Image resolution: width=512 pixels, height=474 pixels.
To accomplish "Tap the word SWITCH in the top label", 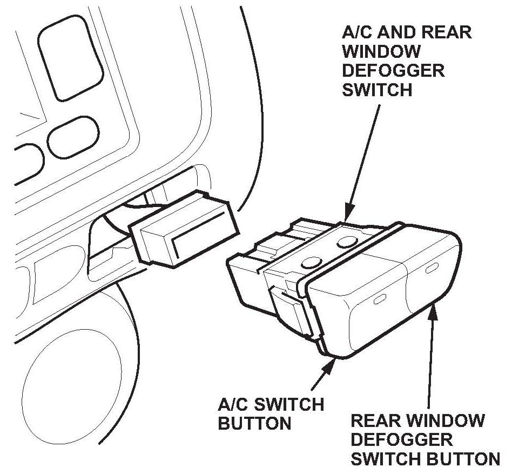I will point(377,90).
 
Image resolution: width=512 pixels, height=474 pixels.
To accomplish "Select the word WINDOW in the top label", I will point(381,52).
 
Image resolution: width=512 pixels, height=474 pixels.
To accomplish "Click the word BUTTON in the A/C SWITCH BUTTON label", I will point(254,423).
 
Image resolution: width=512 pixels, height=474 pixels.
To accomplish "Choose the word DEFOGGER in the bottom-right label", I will point(402,439).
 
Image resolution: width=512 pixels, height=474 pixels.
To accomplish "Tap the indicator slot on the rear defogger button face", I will point(432,268).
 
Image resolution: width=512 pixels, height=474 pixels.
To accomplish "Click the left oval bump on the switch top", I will point(311,263).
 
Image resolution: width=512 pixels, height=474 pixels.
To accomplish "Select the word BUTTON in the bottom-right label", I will point(462,459).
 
